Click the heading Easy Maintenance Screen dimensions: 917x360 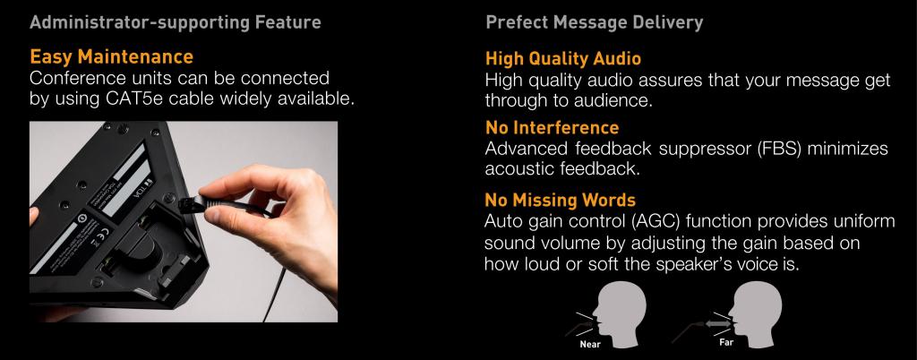(x=111, y=56)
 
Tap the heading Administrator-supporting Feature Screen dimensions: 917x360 (x=176, y=22)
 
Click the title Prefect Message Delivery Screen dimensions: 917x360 (x=595, y=22)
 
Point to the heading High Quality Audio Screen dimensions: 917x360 (x=563, y=58)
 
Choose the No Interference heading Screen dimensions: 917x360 (x=552, y=127)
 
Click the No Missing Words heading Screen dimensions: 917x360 (x=561, y=201)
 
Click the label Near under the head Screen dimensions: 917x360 (x=590, y=344)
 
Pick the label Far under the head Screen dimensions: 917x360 (x=726, y=342)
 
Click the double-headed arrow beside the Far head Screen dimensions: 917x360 (x=718, y=323)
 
